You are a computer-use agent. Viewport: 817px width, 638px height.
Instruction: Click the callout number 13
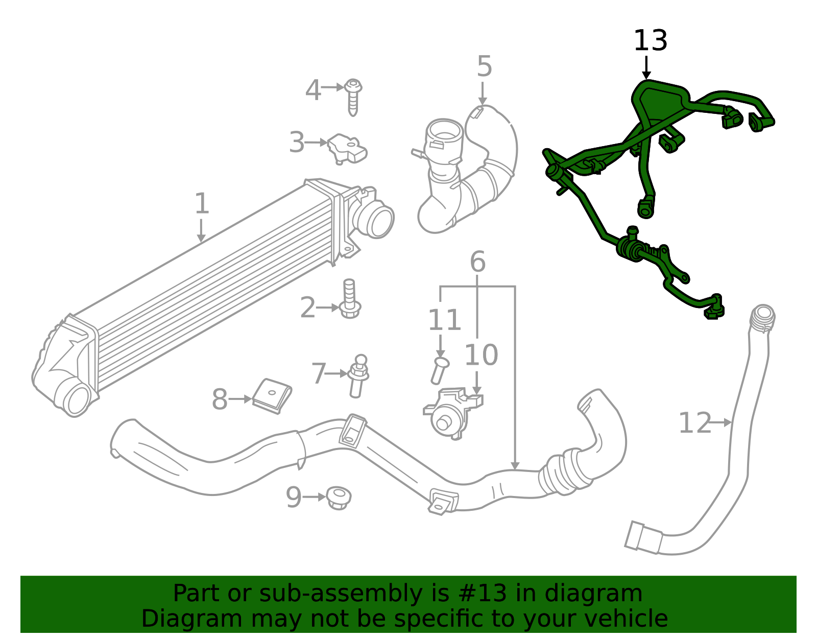[650, 41]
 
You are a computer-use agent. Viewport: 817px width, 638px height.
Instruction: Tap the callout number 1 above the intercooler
[202, 203]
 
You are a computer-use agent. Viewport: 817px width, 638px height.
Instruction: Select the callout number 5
[484, 66]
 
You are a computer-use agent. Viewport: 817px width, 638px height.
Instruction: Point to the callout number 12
[694, 423]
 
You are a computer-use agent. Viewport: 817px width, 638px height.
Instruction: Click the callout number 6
[477, 262]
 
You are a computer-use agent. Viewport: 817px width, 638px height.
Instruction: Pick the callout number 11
[444, 320]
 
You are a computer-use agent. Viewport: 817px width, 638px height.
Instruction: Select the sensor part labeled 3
[347, 148]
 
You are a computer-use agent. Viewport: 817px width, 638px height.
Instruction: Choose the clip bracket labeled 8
[272, 395]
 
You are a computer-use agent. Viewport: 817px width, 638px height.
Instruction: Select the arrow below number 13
[646, 67]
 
